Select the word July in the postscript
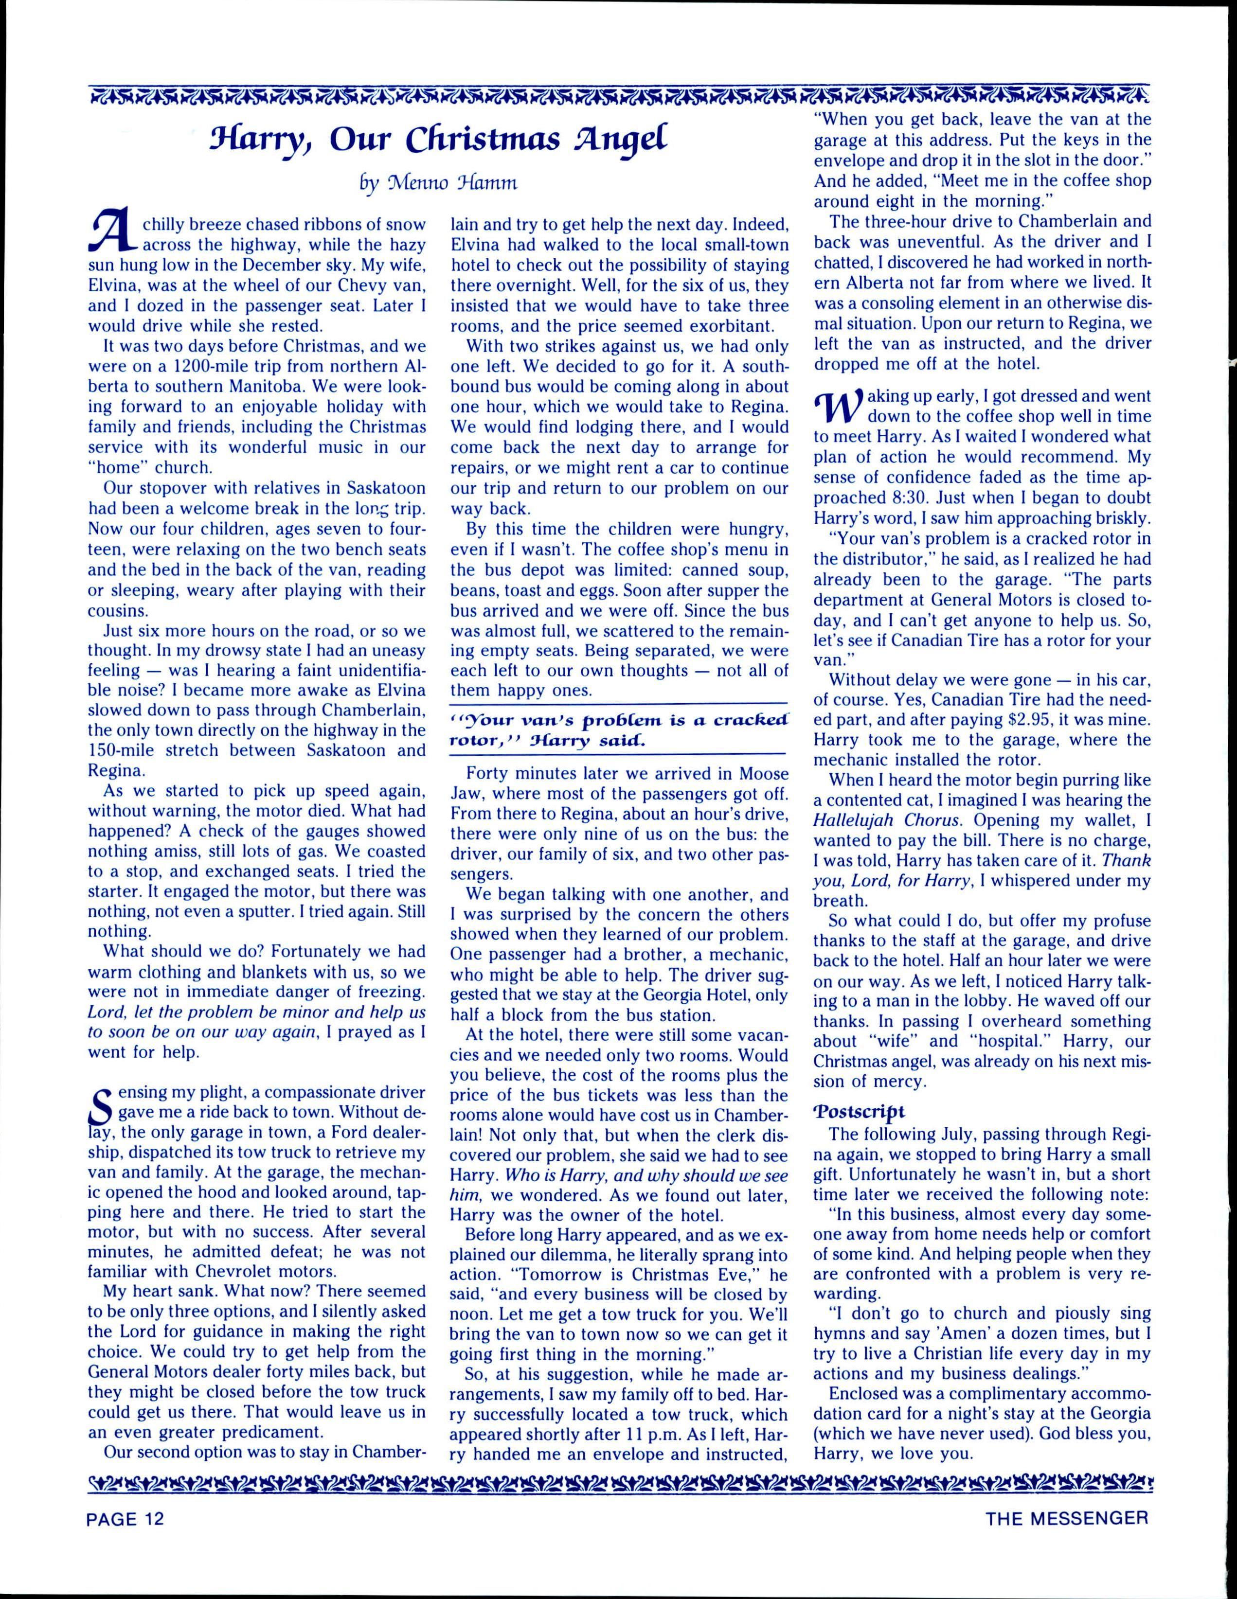959,1135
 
